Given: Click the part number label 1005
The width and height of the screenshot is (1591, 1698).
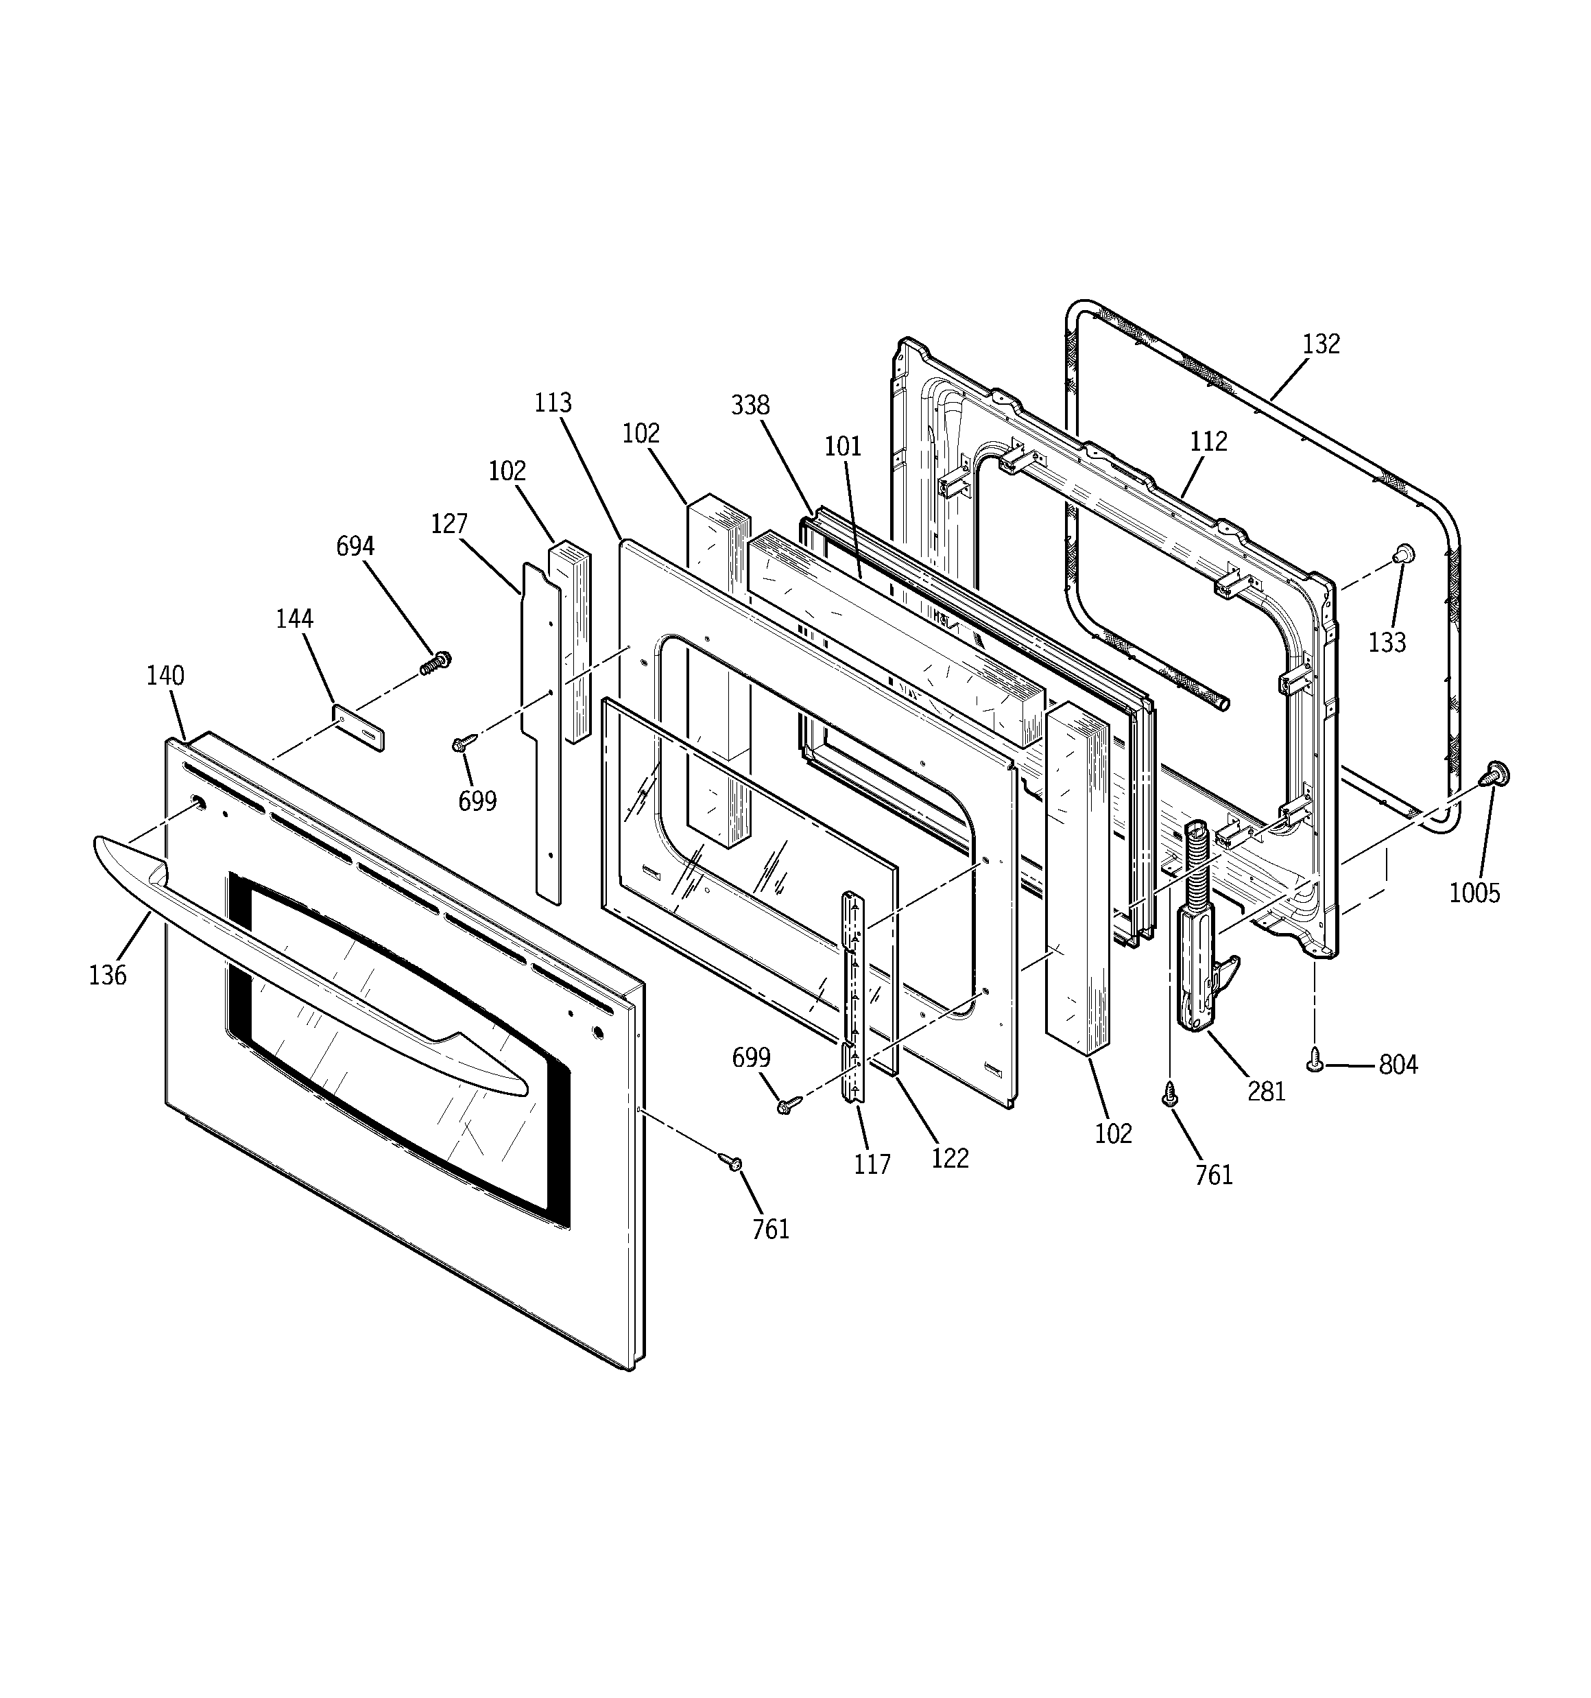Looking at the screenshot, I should tap(1474, 893).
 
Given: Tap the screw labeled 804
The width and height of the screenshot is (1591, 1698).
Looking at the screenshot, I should tap(1315, 1061).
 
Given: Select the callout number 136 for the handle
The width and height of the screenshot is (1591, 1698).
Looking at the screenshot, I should tap(108, 975).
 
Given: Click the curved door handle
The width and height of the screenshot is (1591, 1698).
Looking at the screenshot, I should tap(307, 956).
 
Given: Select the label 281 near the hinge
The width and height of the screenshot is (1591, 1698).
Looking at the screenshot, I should tap(1266, 1091).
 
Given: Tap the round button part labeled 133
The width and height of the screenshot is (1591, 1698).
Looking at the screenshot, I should tap(1402, 554).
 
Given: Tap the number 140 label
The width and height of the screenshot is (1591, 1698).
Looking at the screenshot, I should tap(165, 675).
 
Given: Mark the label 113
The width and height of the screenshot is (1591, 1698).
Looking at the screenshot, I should tap(553, 402).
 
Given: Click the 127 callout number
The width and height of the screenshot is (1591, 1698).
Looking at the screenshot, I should tap(448, 523).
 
